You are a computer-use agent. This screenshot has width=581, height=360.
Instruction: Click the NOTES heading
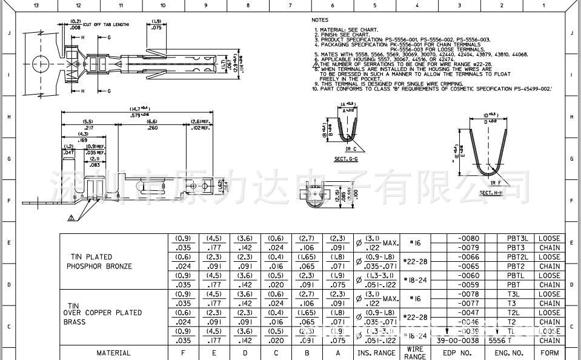click(x=320, y=20)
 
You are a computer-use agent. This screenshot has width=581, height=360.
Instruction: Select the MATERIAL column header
click(x=113, y=353)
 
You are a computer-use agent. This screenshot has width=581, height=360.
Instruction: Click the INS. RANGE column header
click(x=376, y=353)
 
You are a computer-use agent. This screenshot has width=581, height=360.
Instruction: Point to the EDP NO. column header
click(x=457, y=353)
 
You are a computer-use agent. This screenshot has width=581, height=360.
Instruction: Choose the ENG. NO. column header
click(x=509, y=353)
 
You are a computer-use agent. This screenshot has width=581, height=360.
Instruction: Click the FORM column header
click(x=549, y=353)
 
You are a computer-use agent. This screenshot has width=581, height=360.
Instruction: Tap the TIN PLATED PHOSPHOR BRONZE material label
click(x=99, y=262)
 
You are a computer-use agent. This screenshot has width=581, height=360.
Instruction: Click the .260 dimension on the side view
click(x=152, y=128)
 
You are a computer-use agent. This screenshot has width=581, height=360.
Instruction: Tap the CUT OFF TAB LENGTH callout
click(x=109, y=24)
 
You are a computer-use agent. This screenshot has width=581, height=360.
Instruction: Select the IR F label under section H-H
click(x=496, y=182)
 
